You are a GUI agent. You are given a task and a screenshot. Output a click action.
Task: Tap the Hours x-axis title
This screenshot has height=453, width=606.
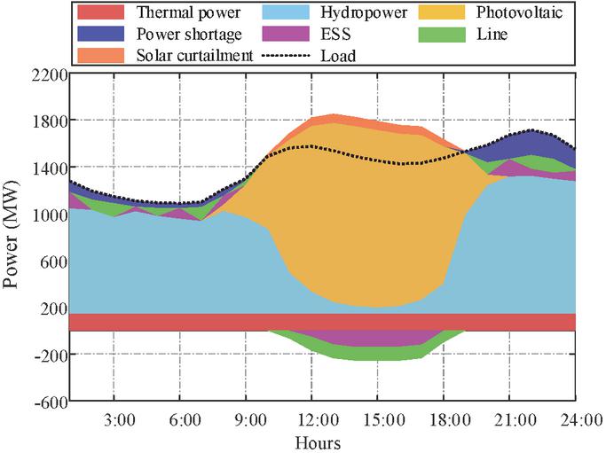tap(319, 441)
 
